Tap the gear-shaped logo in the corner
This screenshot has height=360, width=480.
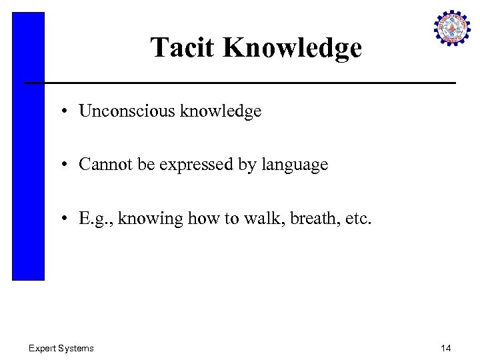tap(452, 29)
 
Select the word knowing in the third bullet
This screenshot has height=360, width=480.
tap(144, 219)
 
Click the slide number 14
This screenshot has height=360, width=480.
tap(445, 348)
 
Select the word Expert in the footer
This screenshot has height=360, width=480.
tap(42, 348)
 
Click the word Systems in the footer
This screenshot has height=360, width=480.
tap(76, 348)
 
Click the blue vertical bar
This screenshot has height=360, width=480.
tap(28, 147)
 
